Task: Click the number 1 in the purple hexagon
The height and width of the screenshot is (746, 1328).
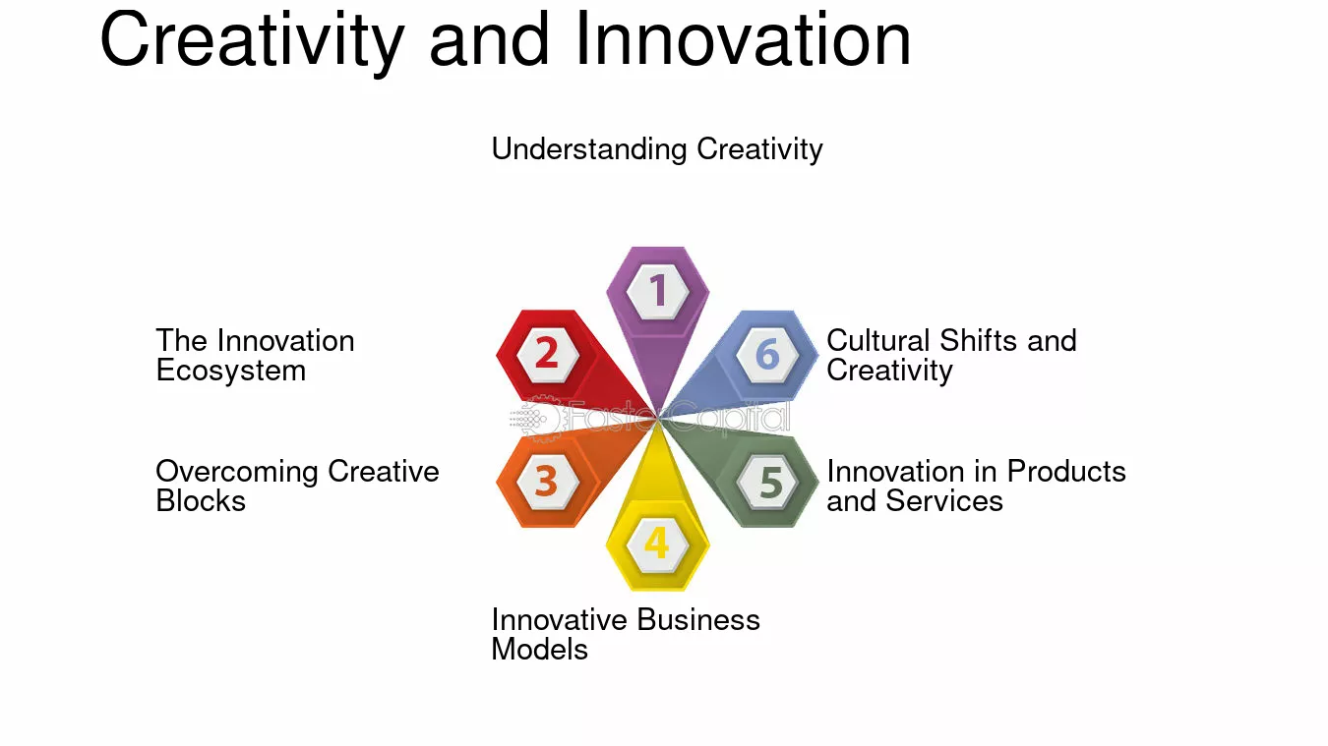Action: [x=657, y=290]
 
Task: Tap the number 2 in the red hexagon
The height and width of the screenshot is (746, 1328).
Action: [x=547, y=353]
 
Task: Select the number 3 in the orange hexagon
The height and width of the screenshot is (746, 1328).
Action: [x=546, y=480]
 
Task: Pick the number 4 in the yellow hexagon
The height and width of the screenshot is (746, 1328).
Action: [x=657, y=543]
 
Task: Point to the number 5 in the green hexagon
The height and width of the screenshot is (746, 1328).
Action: [x=771, y=482]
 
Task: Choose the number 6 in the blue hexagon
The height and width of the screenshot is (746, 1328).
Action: [x=767, y=354]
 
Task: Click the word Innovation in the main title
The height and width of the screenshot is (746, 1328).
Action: [x=743, y=39]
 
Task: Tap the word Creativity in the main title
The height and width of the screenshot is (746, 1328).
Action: [x=253, y=42]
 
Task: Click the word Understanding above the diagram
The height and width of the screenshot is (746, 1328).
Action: [x=589, y=149]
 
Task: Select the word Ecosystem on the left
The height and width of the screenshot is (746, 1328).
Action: [x=231, y=371]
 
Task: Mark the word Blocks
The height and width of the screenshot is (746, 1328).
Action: [x=201, y=500]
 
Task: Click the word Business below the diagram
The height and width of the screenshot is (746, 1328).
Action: [x=697, y=620]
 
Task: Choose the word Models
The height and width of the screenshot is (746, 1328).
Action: [x=539, y=650]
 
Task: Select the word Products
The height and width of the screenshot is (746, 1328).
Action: [x=1066, y=472]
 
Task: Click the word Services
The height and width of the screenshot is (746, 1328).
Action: [x=943, y=501]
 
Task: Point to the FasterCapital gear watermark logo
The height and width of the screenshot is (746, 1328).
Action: [x=535, y=419]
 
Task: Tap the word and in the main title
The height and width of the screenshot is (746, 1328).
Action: [x=489, y=39]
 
